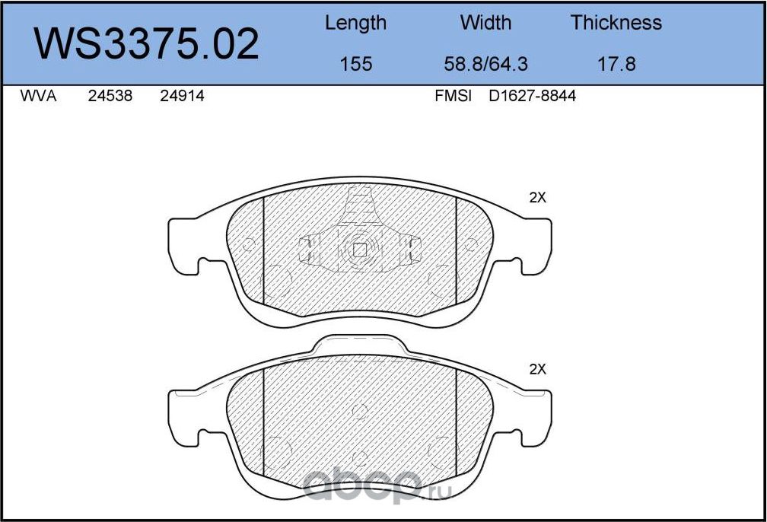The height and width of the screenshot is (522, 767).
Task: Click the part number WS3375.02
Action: click(146, 44)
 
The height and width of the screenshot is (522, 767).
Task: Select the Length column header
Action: click(355, 24)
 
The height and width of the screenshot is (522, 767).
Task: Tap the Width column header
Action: click(485, 23)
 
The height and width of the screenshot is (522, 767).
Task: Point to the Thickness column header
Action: click(616, 23)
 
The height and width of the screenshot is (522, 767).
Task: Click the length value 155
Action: click(355, 64)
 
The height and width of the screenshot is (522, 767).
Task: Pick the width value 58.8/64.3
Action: click(485, 64)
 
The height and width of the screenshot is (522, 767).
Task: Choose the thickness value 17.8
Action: click(616, 64)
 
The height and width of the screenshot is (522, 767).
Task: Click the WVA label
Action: click(38, 96)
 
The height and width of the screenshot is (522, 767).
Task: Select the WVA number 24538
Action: click(110, 96)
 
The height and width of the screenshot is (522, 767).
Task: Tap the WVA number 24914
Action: click(182, 96)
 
